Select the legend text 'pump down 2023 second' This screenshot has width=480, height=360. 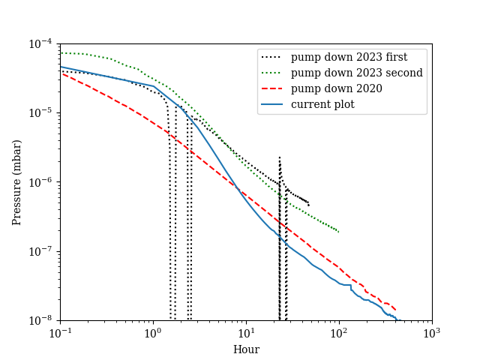(357, 73)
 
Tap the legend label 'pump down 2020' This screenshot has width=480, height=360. (337, 88)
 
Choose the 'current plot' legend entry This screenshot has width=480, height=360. (322, 104)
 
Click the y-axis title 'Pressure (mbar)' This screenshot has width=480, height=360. (17, 182)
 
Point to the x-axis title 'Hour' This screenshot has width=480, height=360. (246, 349)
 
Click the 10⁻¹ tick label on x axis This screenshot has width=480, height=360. (60, 334)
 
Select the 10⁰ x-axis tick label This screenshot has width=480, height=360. (153, 334)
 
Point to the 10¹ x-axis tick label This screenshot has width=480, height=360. (246, 334)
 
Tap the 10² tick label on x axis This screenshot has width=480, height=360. (339, 334)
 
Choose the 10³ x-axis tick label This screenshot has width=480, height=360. (432, 334)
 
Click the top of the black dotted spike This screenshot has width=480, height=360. (280, 157)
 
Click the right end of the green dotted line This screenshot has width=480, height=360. (339, 232)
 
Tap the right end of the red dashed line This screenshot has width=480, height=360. (396, 310)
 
